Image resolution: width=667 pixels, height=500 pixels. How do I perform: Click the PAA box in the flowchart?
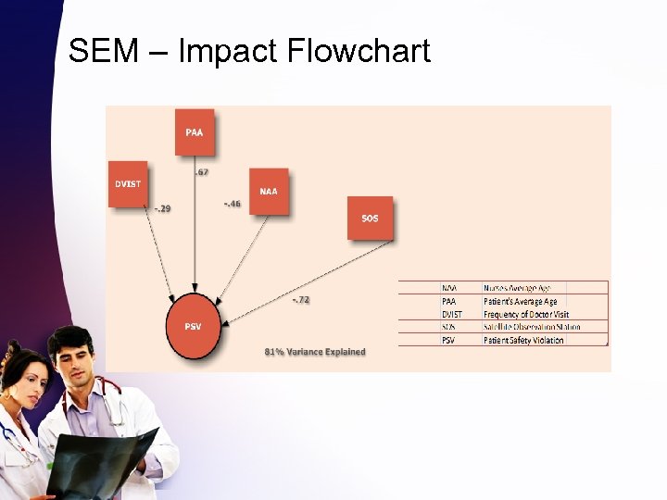pos(195,132)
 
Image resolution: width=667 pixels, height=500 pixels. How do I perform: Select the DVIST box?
pos(128,183)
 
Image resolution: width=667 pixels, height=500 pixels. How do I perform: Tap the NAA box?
pos(269,192)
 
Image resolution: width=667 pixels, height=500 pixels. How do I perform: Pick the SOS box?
pos(370,218)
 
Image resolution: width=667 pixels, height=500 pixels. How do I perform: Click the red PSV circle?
pos(194,327)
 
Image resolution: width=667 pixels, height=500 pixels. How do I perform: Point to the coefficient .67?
pos(201,172)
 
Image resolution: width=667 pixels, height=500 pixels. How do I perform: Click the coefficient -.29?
pos(161,208)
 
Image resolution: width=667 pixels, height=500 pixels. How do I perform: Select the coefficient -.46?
pos(233,203)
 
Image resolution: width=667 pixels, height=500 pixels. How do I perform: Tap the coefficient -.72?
pos(301,299)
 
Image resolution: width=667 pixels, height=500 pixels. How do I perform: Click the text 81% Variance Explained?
pos(315,352)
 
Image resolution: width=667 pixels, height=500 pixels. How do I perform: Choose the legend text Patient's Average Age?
pos(521,301)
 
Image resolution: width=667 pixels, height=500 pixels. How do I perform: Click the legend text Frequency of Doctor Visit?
pos(525,314)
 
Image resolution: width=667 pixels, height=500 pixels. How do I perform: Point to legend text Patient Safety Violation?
pos(523,340)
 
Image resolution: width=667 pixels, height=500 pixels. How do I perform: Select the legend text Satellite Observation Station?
pos(532,327)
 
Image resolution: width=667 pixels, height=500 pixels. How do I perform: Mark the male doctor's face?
pos(74,356)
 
